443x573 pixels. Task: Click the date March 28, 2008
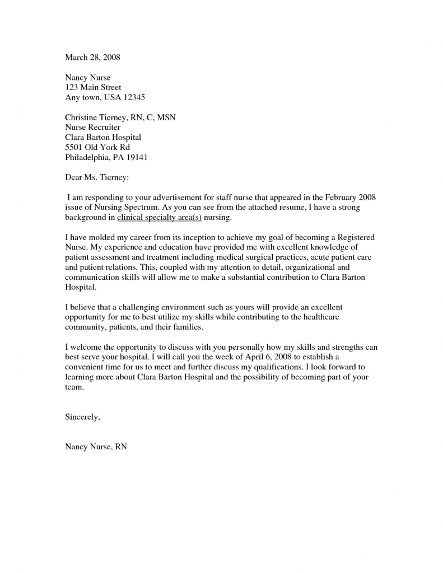(92, 57)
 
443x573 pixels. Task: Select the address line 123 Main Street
(93, 87)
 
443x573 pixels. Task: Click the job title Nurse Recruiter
(92, 127)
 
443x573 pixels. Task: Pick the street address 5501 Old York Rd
(97, 147)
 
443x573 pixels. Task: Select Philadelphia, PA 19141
(106, 157)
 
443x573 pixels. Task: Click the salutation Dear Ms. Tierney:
(97, 177)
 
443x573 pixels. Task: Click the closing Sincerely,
(83, 417)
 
